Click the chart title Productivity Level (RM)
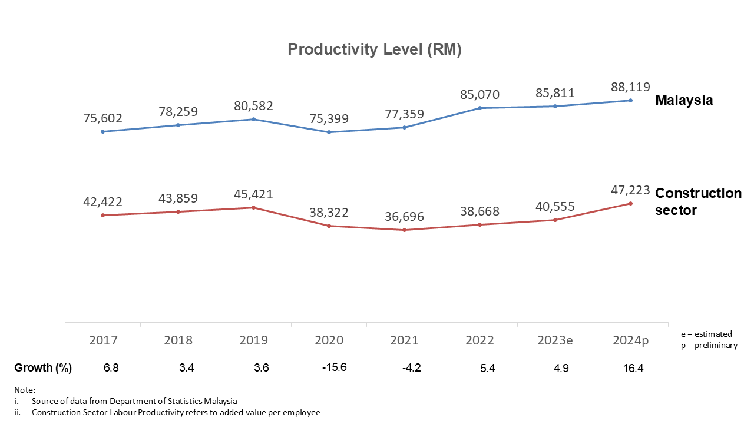pyautogui.click(x=374, y=49)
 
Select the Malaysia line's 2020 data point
pyautogui.click(x=329, y=132)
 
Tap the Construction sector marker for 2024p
pyautogui.click(x=630, y=204)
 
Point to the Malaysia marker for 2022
pyautogui.click(x=479, y=108)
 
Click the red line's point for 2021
pyautogui.click(x=404, y=230)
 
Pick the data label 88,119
pyautogui.click(x=630, y=87)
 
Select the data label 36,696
pyautogui.click(x=404, y=217)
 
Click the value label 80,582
pyautogui.click(x=253, y=106)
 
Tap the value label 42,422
pyautogui.click(x=102, y=202)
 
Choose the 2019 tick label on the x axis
pyautogui.click(x=253, y=340)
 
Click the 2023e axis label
pyautogui.click(x=555, y=340)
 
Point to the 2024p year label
pyautogui.click(x=630, y=340)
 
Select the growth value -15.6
pyautogui.click(x=334, y=368)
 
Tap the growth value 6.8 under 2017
pyautogui.click(x=110, y=368)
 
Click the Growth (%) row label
pyautogui.click(x=43, y=368)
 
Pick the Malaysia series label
pyautogui.click(x=684, y=100)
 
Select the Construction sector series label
pyautogui.click(x=698, y=201)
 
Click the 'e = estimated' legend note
pyautogui.click(x=706, y=334)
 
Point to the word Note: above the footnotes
pyautogui.click(x=25, y=390)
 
